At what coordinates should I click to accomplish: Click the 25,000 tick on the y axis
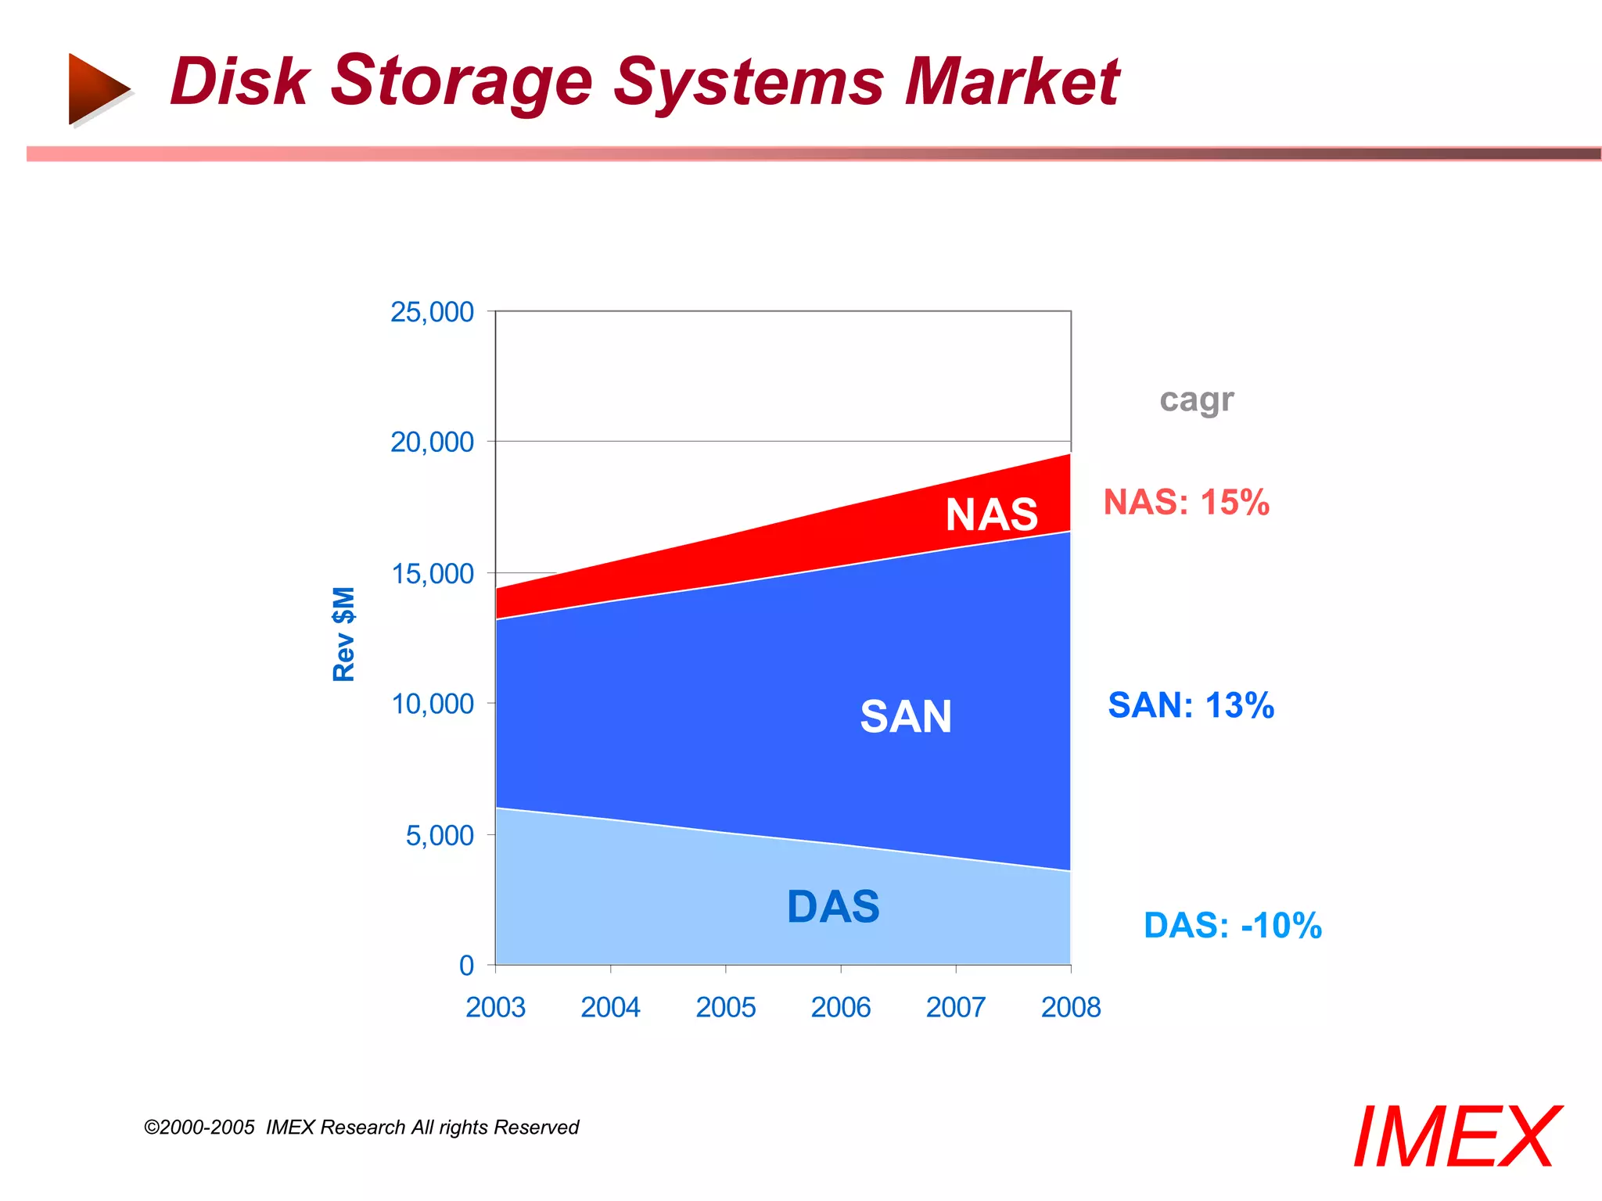[x=432, y=312]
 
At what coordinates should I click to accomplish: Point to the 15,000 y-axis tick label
[x=432, y=574]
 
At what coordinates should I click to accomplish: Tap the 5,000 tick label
[x=439, y=836]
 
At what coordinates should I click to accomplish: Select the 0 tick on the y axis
[x=466, y=966]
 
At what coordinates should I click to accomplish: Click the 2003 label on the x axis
[x=495, y=1007]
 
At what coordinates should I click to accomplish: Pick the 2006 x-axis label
[x=840, y=1007]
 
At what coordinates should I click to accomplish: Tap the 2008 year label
[x=1070, y=1007]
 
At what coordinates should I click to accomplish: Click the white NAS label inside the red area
[x=991, y=514]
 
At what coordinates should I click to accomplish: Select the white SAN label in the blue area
[x=906, y=716]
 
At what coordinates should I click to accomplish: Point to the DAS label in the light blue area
[x=833, y=907]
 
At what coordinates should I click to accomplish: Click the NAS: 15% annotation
[x=1186, y=502]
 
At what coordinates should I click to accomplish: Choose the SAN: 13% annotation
[x=1191, y=705]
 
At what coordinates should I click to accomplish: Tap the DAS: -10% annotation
[x=1232, y=926]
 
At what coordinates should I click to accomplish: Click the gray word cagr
[x=1196, y=400]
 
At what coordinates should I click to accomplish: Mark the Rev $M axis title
[x=344, y=633]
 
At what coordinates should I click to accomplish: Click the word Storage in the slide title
[x=462, y=82]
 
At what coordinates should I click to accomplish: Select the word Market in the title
[x=1012, y=82]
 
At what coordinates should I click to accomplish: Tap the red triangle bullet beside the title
[x=97, y=88]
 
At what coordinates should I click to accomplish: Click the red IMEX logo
[x=1456, y=1138]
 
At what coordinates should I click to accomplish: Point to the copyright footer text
[x=361, y=1128]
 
